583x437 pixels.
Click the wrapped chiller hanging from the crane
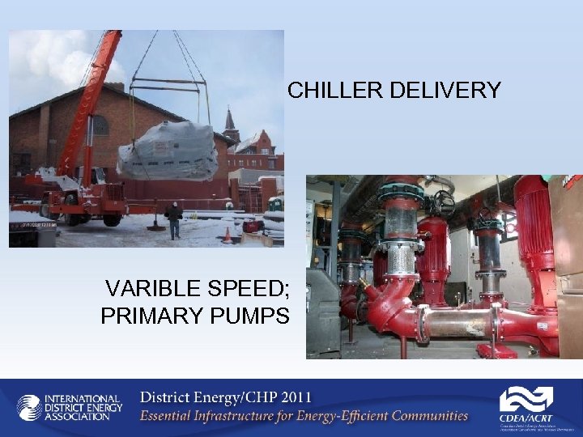[168, 151]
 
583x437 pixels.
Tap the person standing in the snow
[173, 221]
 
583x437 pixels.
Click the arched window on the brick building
[100, 126]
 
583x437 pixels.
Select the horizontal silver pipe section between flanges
[453, 323]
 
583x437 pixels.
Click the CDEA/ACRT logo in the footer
[526, 405]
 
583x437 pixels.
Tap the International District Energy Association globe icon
[29, 407]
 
